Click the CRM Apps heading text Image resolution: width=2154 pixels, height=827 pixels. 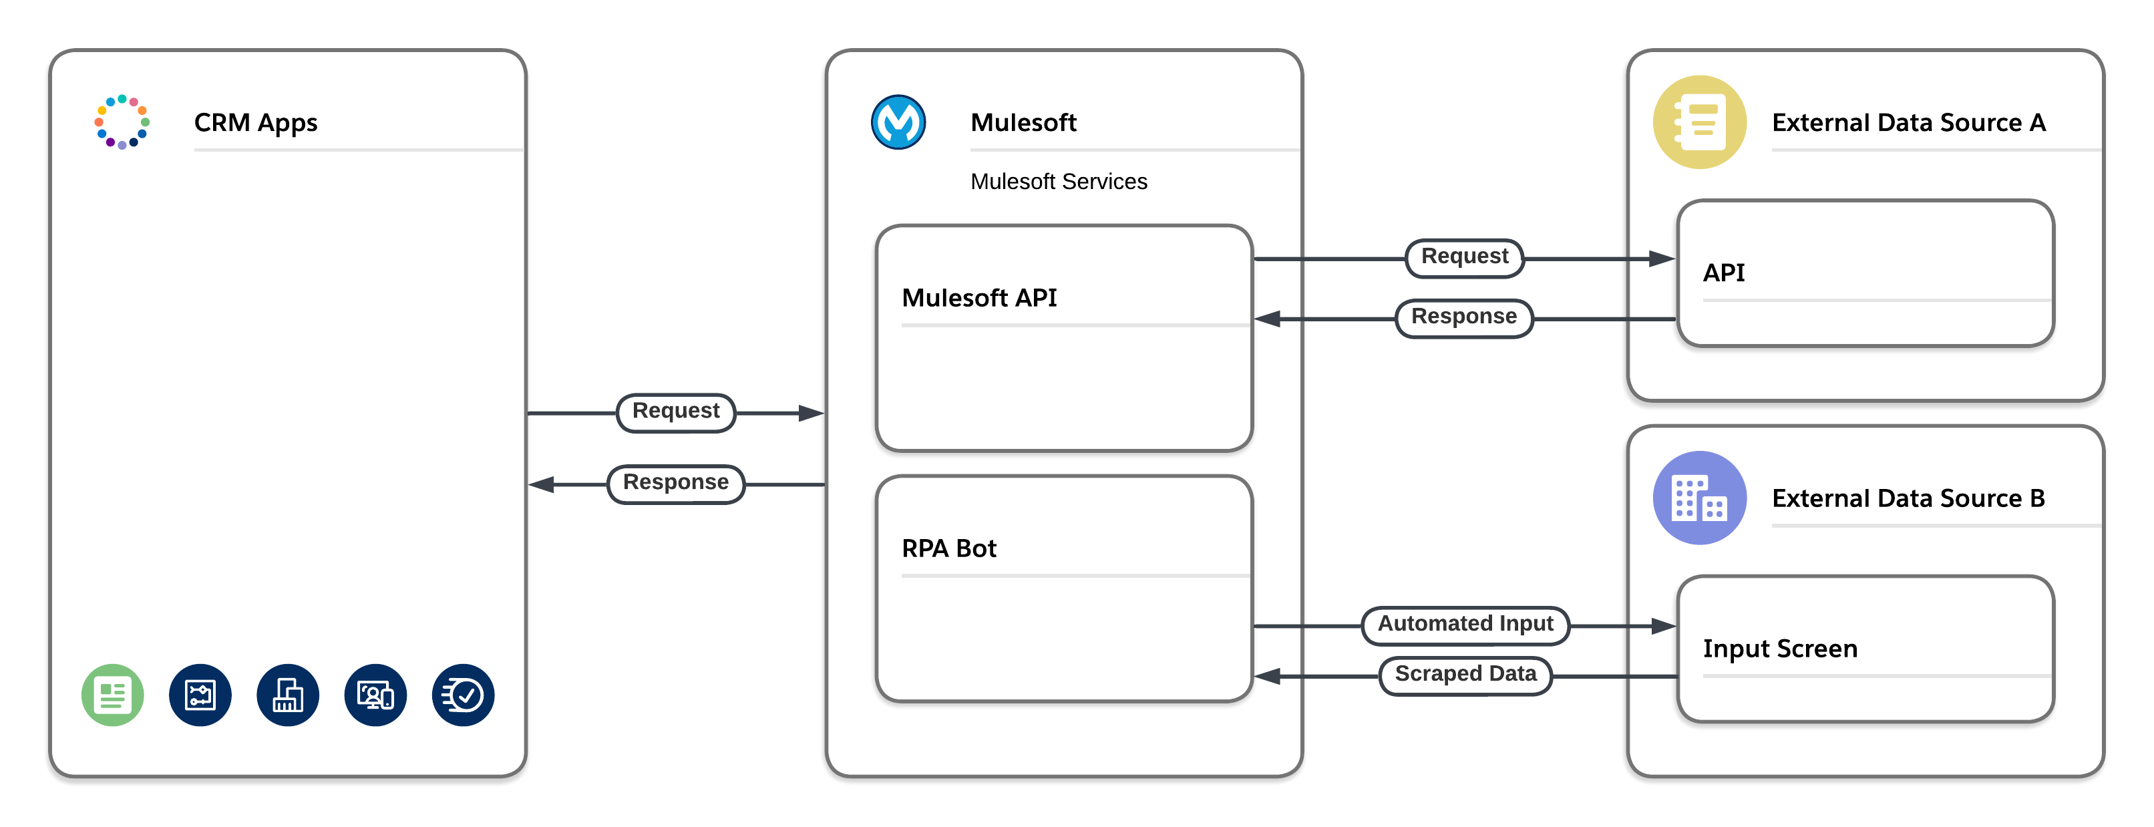[x=255, y=123]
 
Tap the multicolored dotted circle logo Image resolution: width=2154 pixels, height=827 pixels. [x=122, y=122]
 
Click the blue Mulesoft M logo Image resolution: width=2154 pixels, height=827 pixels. [x=898, y=122]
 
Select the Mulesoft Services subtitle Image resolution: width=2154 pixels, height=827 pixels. [x=1058, y=182]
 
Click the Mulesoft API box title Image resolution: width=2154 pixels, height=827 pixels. [x=978, y=298]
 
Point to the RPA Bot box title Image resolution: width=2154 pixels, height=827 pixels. [x=948, y=548]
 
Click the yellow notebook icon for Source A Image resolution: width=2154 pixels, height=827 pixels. [x=1699, y=122]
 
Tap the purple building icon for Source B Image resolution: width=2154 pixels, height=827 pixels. [x=1699, y=498]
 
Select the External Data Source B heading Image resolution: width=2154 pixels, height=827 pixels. [x=1908, y=498]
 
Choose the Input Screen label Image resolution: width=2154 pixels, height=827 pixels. [x=1779, y=649]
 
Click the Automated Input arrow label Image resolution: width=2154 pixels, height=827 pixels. [x=1465, y=625]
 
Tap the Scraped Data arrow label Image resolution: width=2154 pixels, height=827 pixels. [x=1465, y=675]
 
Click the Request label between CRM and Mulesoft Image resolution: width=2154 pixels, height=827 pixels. [x=676, y=411]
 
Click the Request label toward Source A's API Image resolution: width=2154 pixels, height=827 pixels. [x=1464, y=257]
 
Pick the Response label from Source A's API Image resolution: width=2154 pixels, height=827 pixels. [x=1463, y=317]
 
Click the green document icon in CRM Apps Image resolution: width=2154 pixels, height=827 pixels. [x=113, y=695]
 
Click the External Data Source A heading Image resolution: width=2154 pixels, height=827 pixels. [x=1908, y=123]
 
